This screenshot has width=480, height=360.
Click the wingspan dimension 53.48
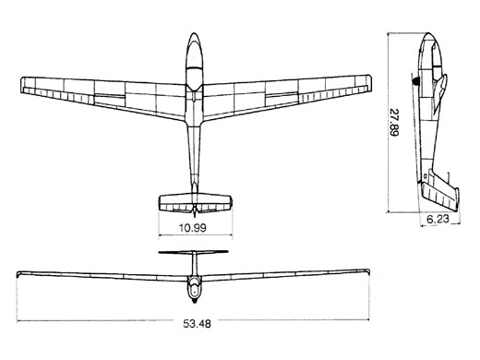(x=198, y=324)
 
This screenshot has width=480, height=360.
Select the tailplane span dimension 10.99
(x=193, y=228)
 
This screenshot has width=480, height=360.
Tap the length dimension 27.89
(x=393, y=122)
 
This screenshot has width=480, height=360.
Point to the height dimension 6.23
(x=438, y=219)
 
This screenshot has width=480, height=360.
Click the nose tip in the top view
(x=194, y=33)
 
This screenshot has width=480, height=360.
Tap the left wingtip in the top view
(x=21, y=85)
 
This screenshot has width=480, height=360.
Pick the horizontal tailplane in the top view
(x=195, y=203)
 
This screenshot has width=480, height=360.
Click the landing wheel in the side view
(x=416, y=81)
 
